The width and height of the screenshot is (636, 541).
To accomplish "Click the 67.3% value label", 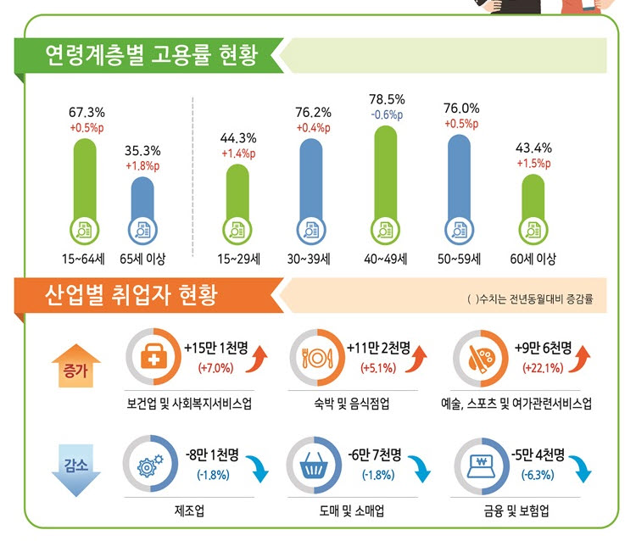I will (x=86, y=112).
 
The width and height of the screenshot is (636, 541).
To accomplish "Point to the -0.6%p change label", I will (x=386, y=114).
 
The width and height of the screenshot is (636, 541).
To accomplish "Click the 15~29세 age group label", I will (x=238, y=259).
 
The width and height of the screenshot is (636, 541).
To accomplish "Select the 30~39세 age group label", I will (x=311, y=259).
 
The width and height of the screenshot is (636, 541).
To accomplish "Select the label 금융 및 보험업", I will (x=522, y=512).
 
